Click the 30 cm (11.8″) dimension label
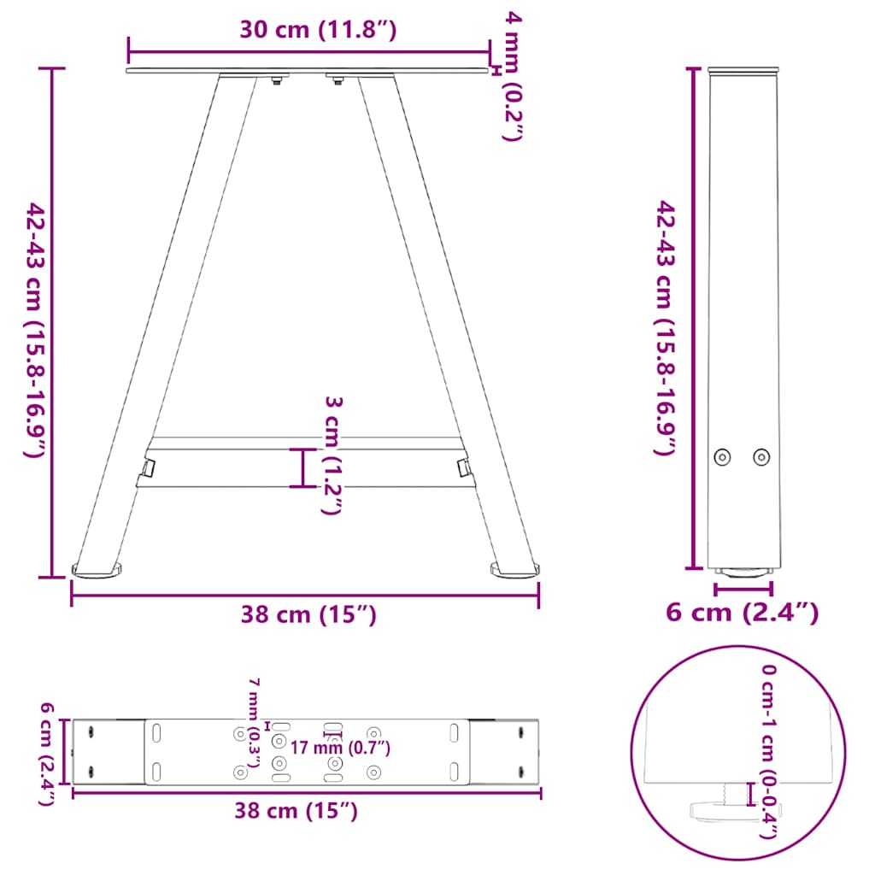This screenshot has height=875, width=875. click(x=317, y=31)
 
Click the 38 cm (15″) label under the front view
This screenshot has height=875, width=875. click(x=308, y=614)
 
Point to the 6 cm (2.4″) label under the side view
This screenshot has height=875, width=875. click(x=742, y=612)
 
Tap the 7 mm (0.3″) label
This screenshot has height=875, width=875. click(x=253, y=723)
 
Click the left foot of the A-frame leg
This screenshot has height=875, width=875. click(x=97, y=567)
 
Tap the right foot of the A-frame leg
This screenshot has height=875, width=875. click(x=515, y=567)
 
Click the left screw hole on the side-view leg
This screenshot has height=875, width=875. click(x=723, y=457)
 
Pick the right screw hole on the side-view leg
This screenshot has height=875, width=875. click(x=760, y=457)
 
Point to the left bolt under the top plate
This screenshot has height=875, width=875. click(x=275, y=81)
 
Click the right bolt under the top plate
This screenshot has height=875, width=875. click(x=338, y=81)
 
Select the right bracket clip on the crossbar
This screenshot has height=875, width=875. click(x=464, y=467)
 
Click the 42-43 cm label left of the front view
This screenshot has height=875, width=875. click(x=34, y=330)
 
